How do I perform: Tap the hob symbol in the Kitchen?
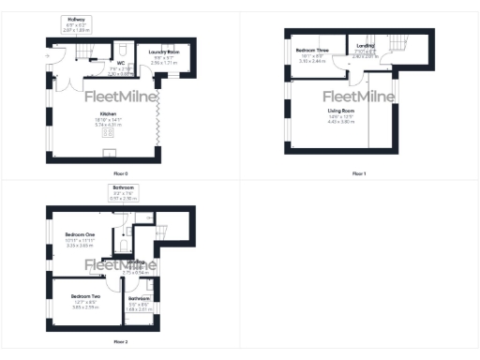107,133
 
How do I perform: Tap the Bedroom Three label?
311,49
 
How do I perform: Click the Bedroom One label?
81,234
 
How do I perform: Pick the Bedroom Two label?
85,295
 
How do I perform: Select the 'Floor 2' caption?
119,342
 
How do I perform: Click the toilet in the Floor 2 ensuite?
124,246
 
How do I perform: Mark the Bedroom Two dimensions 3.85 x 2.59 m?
85,307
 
